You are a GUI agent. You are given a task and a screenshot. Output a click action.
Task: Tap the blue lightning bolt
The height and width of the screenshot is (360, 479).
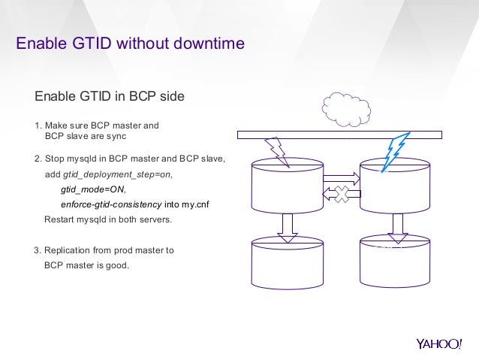395,153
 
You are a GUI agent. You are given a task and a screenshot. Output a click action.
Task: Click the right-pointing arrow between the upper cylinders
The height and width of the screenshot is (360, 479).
342,179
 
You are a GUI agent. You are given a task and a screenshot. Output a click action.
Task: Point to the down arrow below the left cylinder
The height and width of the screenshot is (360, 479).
288,228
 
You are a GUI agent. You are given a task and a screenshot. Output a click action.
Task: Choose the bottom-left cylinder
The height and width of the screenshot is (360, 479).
287,262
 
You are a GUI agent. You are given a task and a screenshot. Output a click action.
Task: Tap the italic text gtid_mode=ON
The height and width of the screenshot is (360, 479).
93,189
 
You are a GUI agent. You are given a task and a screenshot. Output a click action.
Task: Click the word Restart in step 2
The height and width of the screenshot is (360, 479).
61,219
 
